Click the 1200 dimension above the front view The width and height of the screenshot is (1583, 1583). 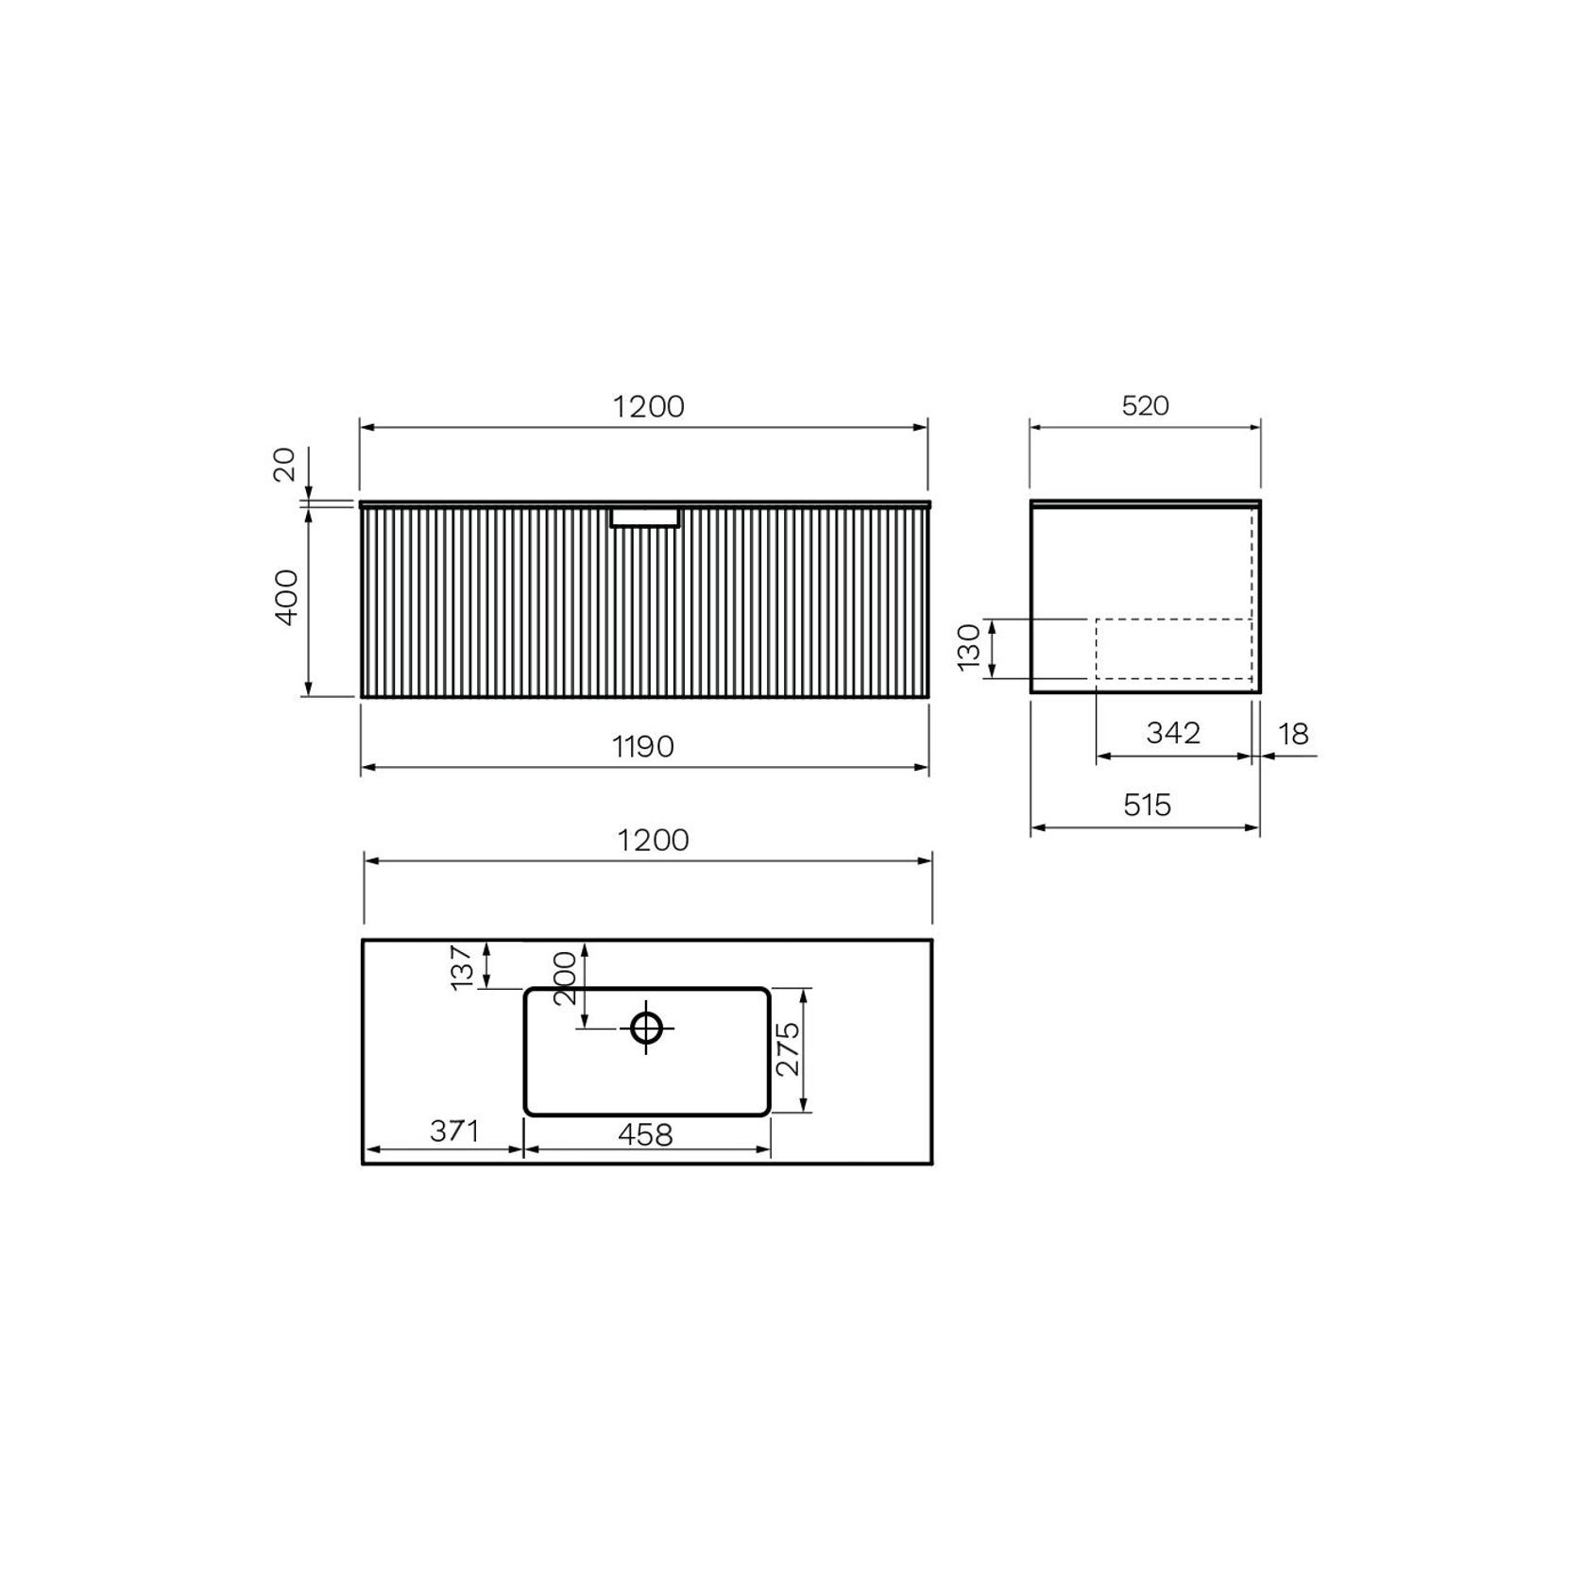click(x=648, y=407)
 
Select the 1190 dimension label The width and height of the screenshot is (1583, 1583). click(x=643, y=747)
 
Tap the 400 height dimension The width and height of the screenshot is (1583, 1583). click(x=286, y=596)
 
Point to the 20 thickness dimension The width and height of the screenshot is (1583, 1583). click(x=284, y=465)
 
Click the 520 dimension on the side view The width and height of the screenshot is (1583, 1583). click(x=1145, y=406)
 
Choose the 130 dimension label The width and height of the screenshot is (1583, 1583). click(x=970, y=647)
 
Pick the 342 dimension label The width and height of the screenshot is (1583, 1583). click(x=1172, y=733)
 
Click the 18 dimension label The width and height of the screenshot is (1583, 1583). click(x=1293, y=734)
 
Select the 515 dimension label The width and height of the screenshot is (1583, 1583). click(x=1147, y=806)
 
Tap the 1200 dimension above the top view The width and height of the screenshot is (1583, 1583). click(x=653, y=841)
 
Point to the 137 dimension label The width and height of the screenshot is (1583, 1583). click(x=461, y=967)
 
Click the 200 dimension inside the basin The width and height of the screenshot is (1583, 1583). click(x=565, y=979)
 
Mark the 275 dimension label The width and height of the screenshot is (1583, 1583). click(x=788, y=1048)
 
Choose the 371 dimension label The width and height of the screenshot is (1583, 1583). click(x=455, y=1131)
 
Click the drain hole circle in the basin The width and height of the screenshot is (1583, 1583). click(x=646, y=1027)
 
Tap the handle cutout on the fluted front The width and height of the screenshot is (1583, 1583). click(x=644, y=518)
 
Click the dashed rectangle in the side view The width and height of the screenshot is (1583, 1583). click(x=1173, y=649)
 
